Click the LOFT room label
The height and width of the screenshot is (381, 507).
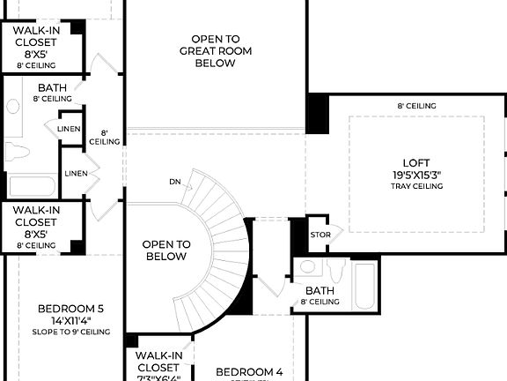[x=415, y=162]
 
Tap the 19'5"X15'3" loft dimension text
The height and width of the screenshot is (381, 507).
[x=417, y=175]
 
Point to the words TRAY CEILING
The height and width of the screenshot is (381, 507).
[x=417, y=186]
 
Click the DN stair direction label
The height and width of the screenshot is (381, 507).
[x=175, y=183]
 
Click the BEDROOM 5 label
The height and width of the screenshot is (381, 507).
[x=70, y=308]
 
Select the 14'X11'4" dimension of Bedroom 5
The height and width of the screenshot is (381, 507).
[x=70, y=320]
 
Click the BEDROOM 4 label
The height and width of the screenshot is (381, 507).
[x=249, y=371]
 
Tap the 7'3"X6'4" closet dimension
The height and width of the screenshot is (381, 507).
[x=158, y=377]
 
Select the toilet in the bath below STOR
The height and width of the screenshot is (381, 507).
[x=335, y=269]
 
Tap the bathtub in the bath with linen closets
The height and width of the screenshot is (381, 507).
[x=32, y=186]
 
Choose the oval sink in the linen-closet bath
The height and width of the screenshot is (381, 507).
[x=13, y=107]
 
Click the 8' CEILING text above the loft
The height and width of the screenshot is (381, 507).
[x=416, y=106]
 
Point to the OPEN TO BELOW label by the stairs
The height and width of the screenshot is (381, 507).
[x=165, y=250]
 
